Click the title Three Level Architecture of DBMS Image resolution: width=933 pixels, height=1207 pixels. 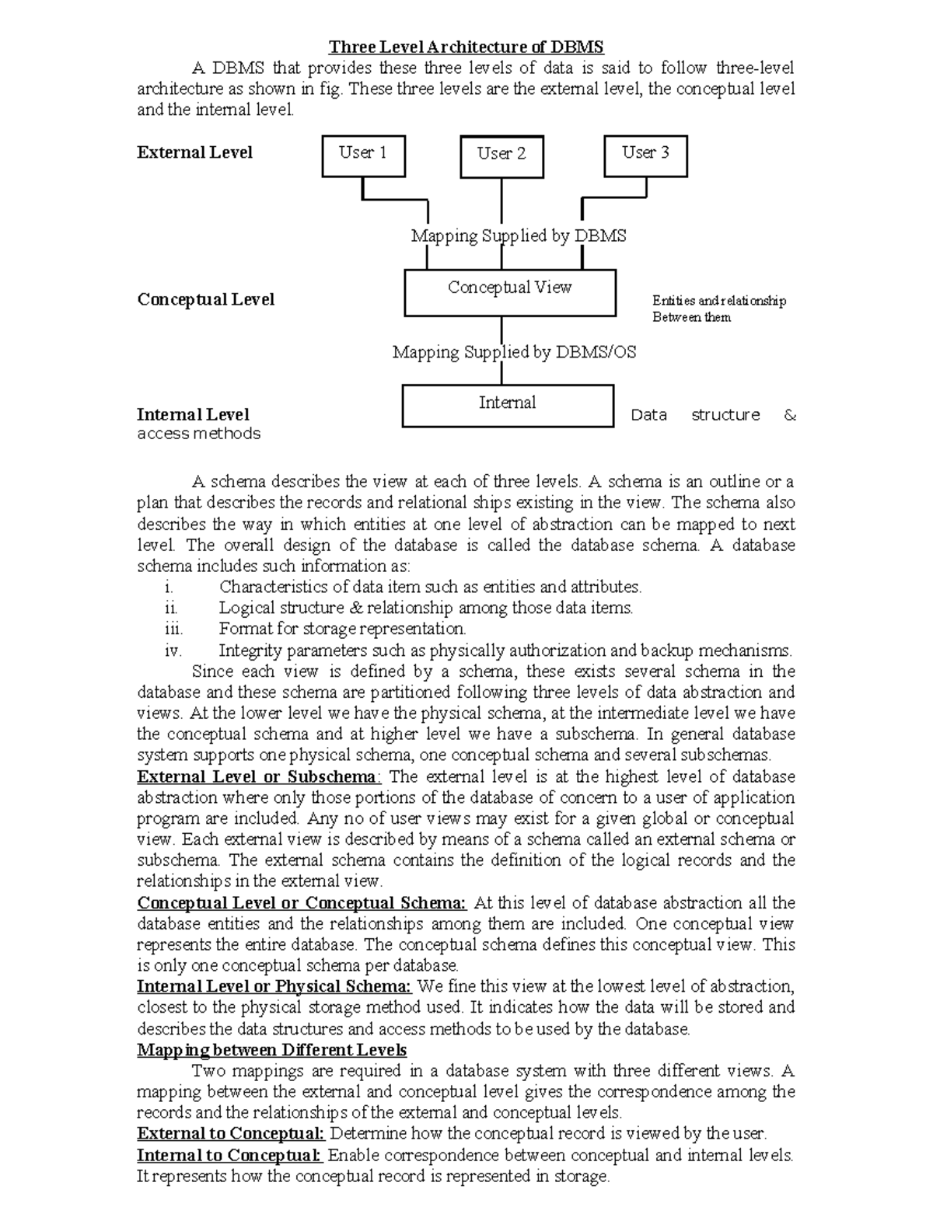[x=466, y=47]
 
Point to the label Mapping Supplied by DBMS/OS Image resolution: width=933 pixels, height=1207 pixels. [x=514, y=353]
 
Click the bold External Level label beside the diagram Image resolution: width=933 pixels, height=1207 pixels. [x=194, y=152]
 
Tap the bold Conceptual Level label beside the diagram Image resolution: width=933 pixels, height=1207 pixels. [x=205, y=299]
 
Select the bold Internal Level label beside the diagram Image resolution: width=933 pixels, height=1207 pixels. [x=193, y=414]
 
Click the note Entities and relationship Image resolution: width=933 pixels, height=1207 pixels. [x=718, y=301]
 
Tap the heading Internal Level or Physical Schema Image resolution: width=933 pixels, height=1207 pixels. [x=274, y=986]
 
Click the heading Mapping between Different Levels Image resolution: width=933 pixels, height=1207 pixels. [x=271, y=1050]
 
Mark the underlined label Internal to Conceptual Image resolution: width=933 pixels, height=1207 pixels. [x=229, y=1155]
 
